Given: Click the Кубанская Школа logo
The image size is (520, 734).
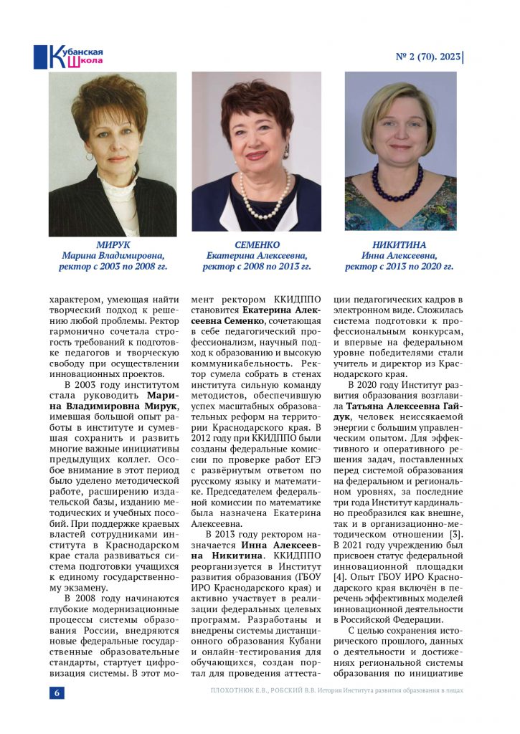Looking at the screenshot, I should pos(69,56).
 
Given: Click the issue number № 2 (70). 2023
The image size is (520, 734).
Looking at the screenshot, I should pos(427,56).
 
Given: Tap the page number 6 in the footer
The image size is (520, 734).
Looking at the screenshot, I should pos(57,692).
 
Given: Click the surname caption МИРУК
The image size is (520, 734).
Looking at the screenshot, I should pos(113,244).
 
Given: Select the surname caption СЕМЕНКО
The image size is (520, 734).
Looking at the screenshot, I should pos(257,244).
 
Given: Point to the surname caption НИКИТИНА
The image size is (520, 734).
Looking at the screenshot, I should pos(400,244).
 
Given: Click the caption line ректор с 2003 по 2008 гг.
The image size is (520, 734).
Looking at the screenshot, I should pos(113,267).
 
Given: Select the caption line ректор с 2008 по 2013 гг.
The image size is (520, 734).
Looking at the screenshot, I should pos(257,267).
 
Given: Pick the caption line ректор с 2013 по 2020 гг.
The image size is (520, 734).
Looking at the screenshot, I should pos(400,267).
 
